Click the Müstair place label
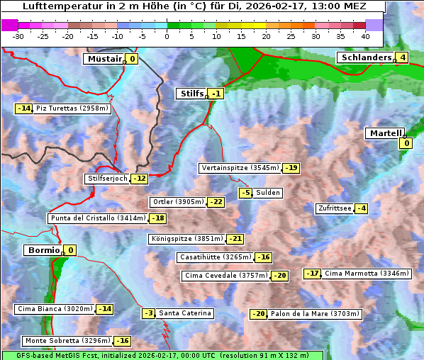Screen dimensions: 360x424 104,59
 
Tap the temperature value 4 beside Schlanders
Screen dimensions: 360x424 402,57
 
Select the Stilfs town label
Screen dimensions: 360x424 191,94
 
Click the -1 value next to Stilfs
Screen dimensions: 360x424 216,94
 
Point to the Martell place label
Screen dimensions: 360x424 384,133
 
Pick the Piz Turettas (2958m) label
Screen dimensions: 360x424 72,108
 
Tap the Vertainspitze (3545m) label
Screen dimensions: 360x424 240,168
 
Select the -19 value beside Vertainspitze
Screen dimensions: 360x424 291,168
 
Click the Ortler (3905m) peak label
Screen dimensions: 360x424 178,202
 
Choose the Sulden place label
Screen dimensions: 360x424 268,193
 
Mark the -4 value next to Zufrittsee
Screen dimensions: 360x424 362,208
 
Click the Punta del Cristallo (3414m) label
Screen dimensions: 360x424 98,218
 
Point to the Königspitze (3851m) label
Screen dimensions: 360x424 186,239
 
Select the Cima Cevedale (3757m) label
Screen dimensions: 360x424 225,276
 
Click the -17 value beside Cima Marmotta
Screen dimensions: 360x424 313,274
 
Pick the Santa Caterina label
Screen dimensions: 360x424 184,313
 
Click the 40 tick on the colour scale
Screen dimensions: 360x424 365,36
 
